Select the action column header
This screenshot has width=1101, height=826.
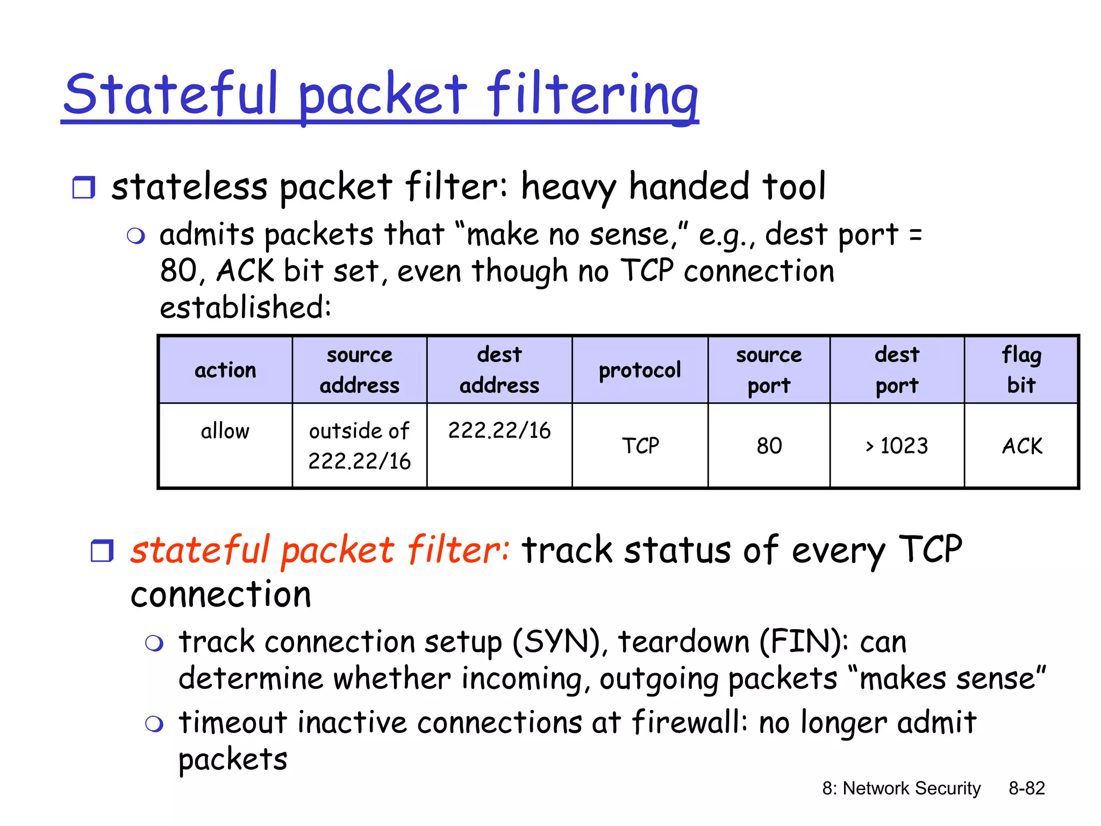coord(225,370)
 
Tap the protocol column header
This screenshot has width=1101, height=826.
coord(640,370)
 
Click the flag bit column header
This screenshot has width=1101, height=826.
coord(1021,370)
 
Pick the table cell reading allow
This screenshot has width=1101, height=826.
coord(225,431)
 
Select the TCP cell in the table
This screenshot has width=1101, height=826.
coord(640,446)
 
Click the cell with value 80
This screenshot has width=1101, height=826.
coord(769,446)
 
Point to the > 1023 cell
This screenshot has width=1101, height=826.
coord(897,446)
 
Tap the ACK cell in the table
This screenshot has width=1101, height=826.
coord(1021,446)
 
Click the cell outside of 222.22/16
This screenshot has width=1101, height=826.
coord(359,446)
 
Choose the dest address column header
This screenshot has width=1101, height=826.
coord(499,370)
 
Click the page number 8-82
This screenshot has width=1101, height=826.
coord(1026,788)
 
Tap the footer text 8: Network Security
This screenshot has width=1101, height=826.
coord(901,788)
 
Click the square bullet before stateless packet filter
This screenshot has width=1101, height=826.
coord(84,188)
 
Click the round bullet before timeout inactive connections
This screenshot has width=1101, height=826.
coord(154,724)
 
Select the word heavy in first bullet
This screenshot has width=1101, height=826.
coord(569,188)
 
